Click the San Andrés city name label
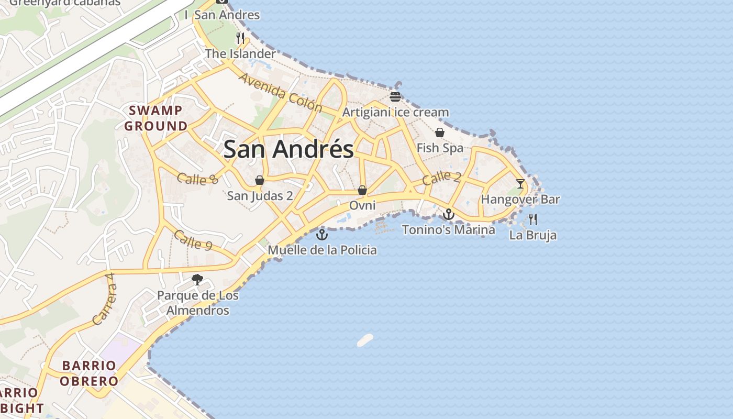(x=288, y=149)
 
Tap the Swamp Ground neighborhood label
(x=156, y=118)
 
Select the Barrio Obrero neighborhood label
(x=89, y=373)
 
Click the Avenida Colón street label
(x=280, y=93)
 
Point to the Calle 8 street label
(x=197, y=179)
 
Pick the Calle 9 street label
(x=193, y=240)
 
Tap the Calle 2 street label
(x=441, y=178)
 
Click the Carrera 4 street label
(x=103, y=299)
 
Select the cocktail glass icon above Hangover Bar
(x=520, y=184)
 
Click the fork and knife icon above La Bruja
(x=533, y=219)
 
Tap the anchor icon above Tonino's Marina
(x=449, y=214)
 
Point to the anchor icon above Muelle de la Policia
(x=322, y=234)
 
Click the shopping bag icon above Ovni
(x=362, y=190)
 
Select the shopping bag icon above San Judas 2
(x=260, y=180)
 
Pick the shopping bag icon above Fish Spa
(x=440, y=133)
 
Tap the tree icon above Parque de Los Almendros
(x=197, y=280)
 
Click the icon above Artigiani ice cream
(x=395, y=97)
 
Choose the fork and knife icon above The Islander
(x=240, y=38)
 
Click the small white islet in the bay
(x=365, y=340)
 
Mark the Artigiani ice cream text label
(x=395, y=112)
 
